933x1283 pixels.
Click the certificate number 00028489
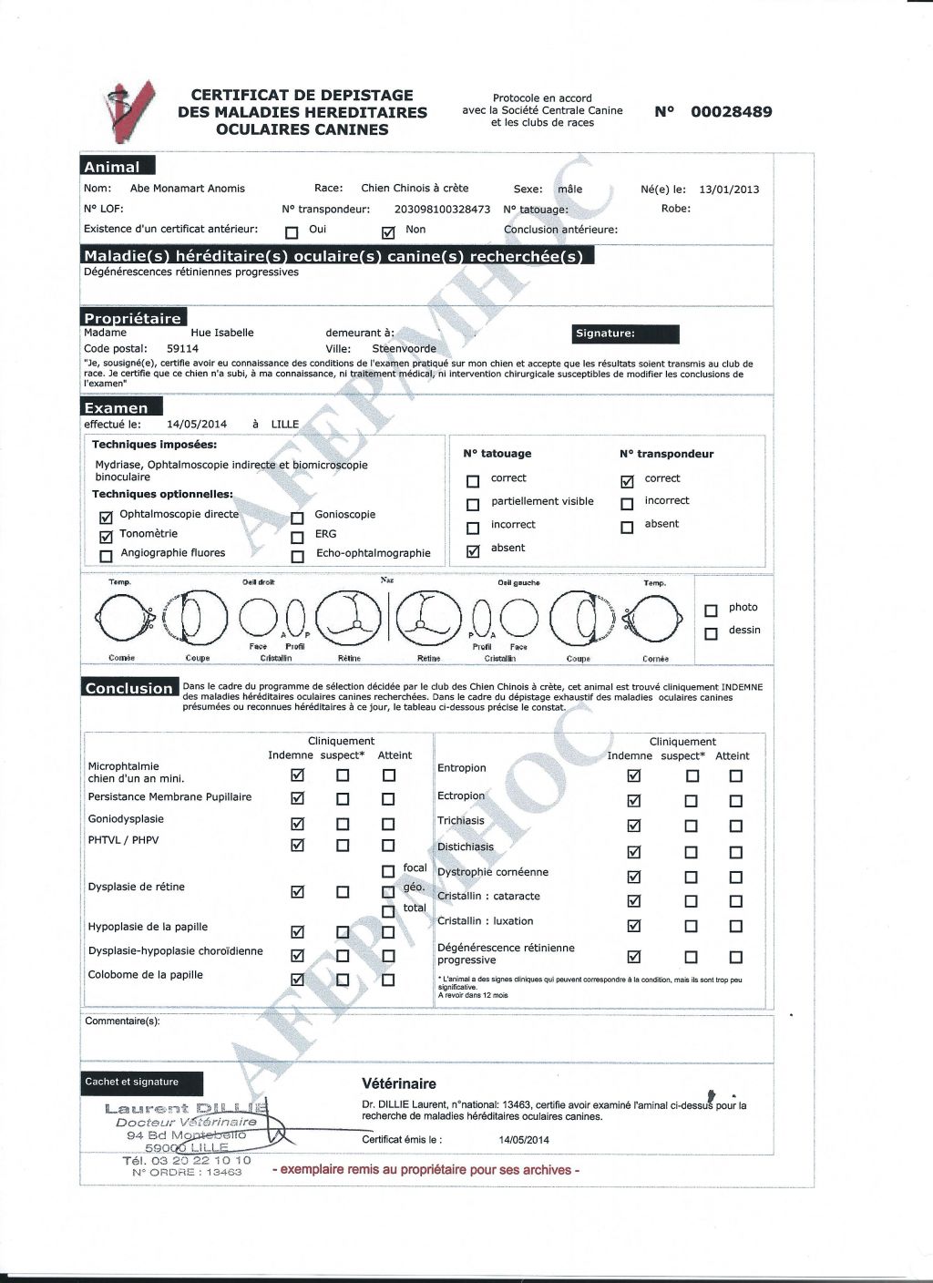731,112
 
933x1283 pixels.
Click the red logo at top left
127,112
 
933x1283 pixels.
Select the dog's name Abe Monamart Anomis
188,189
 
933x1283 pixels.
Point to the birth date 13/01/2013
729,190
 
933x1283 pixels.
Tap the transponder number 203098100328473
442,210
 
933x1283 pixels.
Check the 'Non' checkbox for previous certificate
389,231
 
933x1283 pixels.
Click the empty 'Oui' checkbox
292,231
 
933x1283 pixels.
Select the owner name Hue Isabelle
222,333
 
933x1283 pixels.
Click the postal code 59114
182,348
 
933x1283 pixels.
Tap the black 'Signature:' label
626,334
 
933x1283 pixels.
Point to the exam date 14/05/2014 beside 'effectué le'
197,424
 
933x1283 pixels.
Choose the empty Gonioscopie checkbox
297,517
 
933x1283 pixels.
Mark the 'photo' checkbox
712,610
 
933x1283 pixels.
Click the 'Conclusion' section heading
128,688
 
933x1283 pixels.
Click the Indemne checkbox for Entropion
634,775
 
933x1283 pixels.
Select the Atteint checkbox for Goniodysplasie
388,823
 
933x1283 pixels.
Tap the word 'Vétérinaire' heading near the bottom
399,1083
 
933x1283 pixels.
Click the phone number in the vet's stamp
186,1161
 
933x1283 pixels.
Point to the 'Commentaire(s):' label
122,1021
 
